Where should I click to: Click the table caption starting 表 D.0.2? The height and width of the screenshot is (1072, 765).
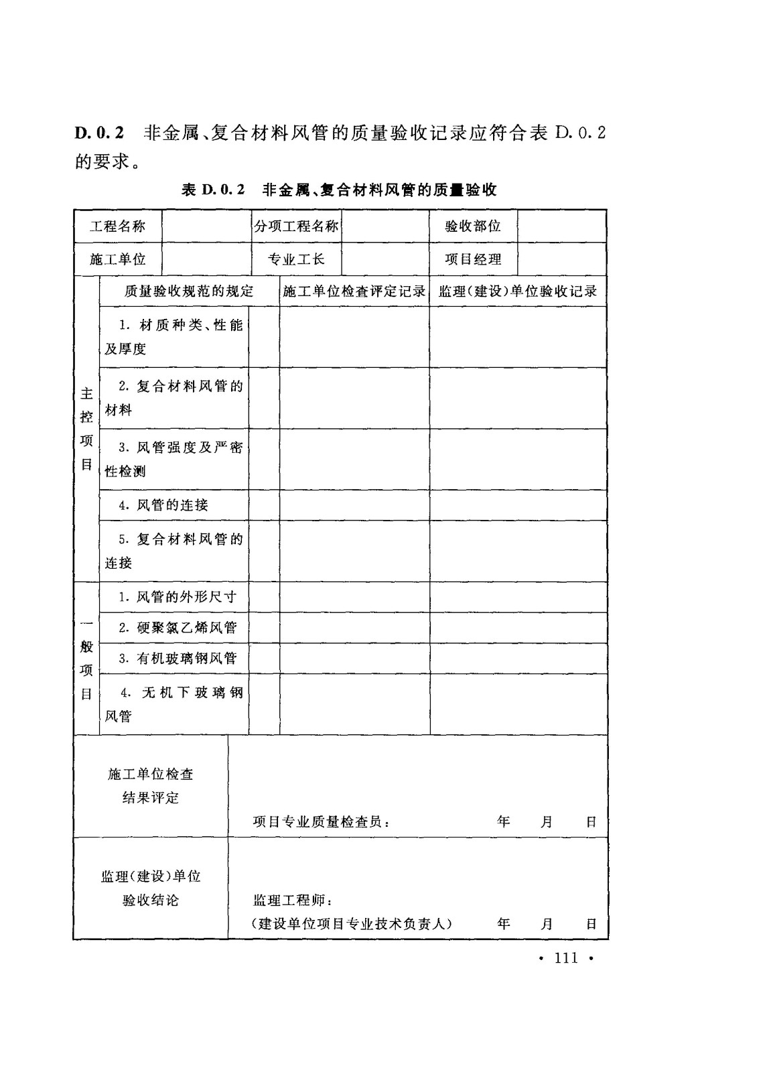point(339,190)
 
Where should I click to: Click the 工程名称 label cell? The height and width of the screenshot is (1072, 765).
point(118,226)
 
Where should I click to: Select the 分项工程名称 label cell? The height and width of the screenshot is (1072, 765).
point(296,226)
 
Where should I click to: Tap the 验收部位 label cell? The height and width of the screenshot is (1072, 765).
point(473,226)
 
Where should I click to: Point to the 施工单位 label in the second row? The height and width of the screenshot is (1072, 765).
point(118,259)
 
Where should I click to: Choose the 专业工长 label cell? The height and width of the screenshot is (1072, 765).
point(296,259)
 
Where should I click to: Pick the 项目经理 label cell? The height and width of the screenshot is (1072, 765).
point(473,259)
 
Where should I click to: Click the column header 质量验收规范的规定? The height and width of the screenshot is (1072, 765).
point(189,291)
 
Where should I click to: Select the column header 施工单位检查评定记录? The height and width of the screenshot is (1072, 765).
point(354,291)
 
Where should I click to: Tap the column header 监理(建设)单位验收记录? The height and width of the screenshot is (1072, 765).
point(518,291)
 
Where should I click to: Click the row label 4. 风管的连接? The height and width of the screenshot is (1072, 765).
point(163,505)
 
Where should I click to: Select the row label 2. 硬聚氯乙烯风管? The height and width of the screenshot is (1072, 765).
point(178,628)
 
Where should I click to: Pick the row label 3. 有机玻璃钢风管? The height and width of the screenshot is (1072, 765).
point(178,659)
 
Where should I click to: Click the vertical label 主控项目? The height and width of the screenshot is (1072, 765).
point(86,429)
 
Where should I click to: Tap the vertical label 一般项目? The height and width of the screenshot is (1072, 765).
point(86,659)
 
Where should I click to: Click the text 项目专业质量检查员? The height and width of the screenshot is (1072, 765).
point(321,821)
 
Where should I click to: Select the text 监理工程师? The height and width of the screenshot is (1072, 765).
point(289,900)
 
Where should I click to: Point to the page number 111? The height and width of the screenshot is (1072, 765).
point(566,958)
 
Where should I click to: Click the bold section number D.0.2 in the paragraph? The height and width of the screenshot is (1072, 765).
point(100,133)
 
